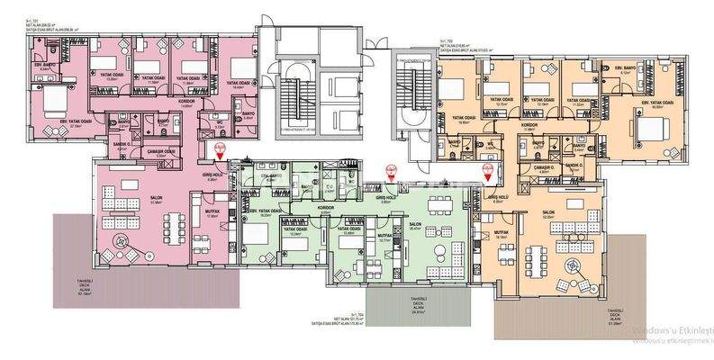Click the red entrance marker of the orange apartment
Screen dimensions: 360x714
tap(489, 169)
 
